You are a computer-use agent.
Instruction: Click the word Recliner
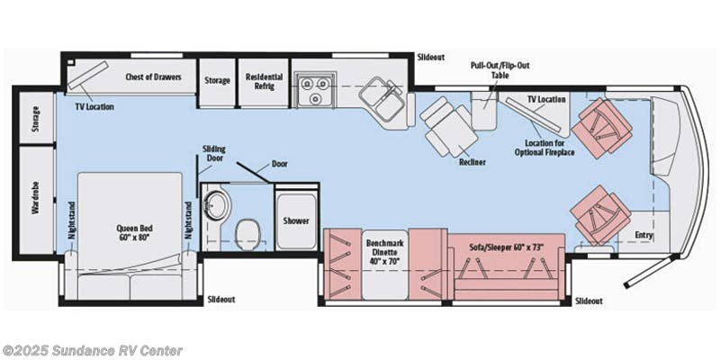click(x=472, y=163)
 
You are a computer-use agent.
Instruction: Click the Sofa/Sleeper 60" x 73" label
click(x=508, y=244)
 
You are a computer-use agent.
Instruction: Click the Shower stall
click(x=296, y=220)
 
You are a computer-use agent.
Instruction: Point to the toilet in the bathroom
click(x=247, y=236)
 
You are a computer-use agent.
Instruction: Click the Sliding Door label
click(x=214, y=154)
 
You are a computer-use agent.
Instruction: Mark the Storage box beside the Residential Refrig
click(x=216, y=78)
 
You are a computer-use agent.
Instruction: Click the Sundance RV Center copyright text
click(x=92, y=350)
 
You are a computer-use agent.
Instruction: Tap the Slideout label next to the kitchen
click(x=431, y=57)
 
